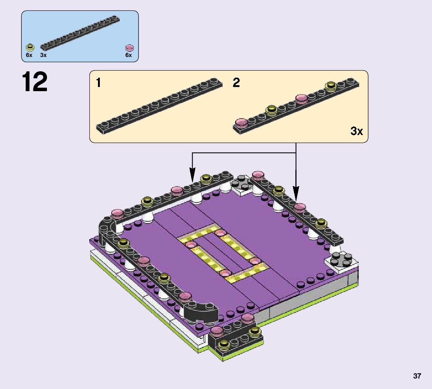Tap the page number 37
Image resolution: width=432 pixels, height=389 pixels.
point(417,376)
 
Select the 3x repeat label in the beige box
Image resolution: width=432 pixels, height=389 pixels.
point(357,131)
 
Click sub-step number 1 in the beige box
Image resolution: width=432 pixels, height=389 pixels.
point(98,83)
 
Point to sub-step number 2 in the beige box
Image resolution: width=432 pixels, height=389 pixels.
point(236,83)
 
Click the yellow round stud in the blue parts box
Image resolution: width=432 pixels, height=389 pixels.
point(30,47)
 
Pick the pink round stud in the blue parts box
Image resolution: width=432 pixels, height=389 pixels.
point(129,48)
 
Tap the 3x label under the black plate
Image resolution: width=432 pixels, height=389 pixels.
point(43,55)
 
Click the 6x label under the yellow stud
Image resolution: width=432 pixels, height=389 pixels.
point(29,55)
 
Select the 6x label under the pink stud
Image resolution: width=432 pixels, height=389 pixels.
point(128,55)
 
